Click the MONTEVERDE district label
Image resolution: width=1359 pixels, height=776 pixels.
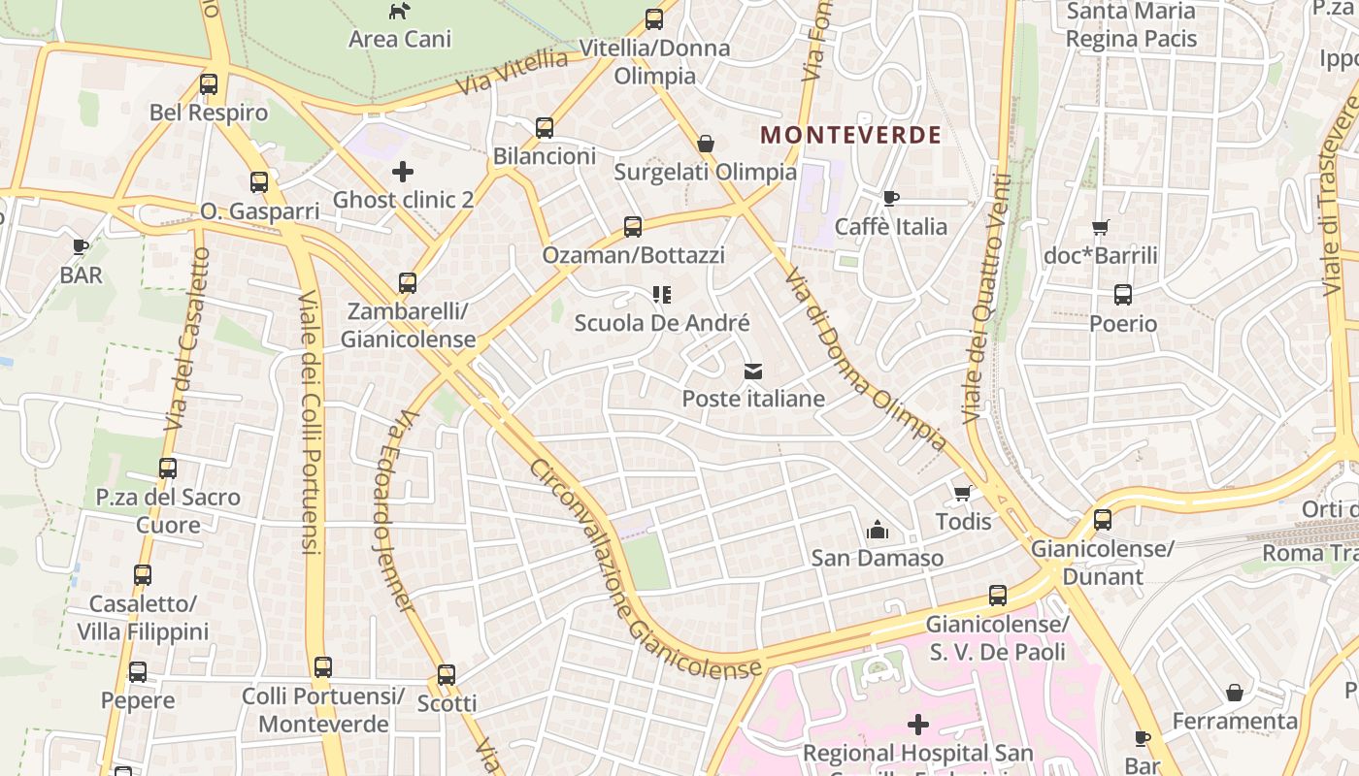(x=850, y=135)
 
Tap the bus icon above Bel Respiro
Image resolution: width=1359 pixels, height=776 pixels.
(x=209, y=84)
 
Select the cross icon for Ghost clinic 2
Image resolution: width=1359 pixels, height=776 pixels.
(x=403, y=173)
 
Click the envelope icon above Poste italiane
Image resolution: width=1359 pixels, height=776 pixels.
(x=753, y=372)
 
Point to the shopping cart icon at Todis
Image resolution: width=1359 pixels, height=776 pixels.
(x=963, y=494)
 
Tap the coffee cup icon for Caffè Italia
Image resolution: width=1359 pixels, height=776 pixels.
(x=890, y=199)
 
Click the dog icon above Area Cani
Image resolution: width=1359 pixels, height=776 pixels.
(x=399, y=12)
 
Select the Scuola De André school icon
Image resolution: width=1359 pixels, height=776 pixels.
(x=662, y=295)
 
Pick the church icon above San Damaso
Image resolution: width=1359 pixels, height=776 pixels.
(x=878, y=530)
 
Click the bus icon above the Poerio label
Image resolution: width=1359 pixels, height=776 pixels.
(x=1123, y=295)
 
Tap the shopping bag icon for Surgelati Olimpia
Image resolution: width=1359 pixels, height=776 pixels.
(x=706, y=145)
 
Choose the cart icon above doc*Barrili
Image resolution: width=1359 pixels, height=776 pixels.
(x=1100, y=228)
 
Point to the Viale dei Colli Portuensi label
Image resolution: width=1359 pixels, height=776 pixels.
(x=309, y=422)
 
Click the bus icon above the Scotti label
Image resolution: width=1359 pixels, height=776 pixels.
(x=447, y=675)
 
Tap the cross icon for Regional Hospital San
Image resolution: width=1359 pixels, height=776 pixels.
(x=917, y=725)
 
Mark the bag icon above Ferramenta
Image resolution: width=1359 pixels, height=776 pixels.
(x=1235, y=693)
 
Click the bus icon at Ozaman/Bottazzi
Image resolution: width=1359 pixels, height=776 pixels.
(x=633, y=227)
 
